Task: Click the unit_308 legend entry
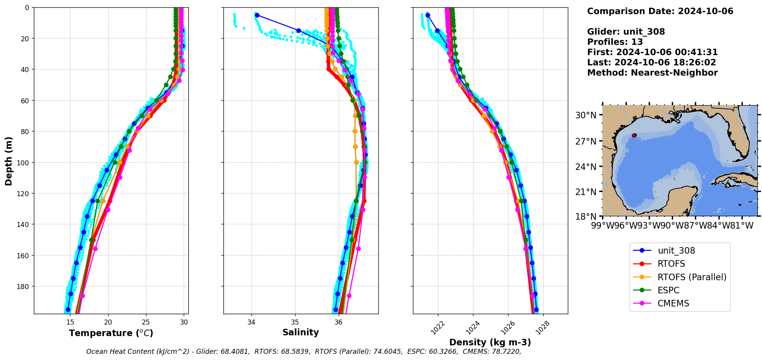point(676,251)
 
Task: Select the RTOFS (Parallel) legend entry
point(692,277)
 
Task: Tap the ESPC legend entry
point(668,290)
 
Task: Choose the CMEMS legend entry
point(673,303)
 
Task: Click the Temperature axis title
point(111,333)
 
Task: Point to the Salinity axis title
point(300,332)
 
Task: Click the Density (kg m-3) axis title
point(490,342)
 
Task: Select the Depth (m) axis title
point(8,161)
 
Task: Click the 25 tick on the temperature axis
point(146,322)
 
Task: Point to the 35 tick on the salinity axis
point(295,322)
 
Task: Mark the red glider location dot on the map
point(634,135)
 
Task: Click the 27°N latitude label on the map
point(586,141)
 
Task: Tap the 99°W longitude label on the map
point(603,225)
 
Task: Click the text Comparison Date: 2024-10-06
point(660,11)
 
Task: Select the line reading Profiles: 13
point(615,42)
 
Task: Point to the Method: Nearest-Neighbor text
point(652,73)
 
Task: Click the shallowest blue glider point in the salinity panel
point(257,15)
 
